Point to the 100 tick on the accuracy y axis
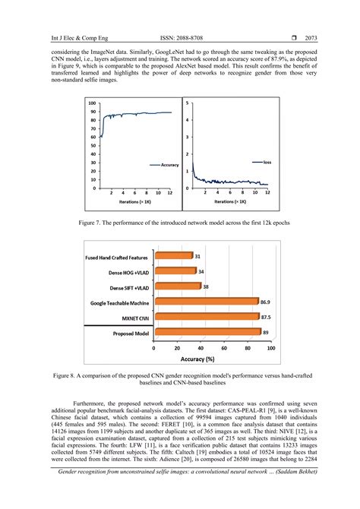point(92,103)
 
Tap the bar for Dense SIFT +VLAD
point(175,286)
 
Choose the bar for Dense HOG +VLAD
point(174,271)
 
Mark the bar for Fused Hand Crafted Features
point(172,256)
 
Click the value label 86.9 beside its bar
point(266,302)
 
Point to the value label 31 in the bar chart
point(197,256)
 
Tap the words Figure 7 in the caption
point(93,223)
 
